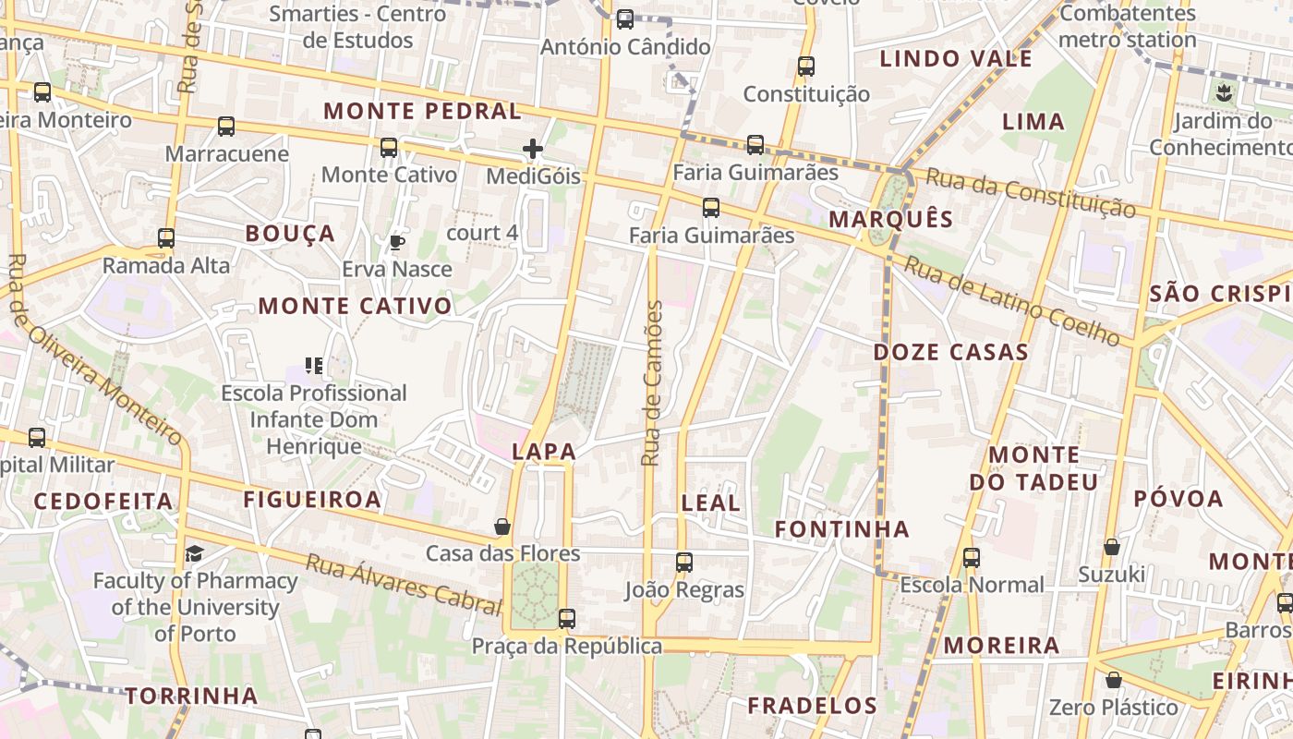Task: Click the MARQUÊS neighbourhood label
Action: tap(891, 219)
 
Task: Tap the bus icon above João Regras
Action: tap(684, 562)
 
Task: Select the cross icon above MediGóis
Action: tap(533, 148)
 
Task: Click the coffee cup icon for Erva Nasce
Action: tap(396, 242)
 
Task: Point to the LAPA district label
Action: tap(544, 452)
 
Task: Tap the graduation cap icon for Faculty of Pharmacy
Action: tap(194, 553)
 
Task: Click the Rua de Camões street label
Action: tap(652, 383)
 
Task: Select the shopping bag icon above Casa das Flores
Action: tap(502, 527)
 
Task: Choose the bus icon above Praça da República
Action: tap(567, 618)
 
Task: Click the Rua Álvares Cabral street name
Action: tap(403, 584)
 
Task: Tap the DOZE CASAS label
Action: tap(950, 352)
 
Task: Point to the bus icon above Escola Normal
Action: tap(971, 557)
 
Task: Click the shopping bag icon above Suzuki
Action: tap(1112, 547)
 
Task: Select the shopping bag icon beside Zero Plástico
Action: tap(1114, 681)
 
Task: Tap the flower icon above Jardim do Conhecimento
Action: tap(1224, 92)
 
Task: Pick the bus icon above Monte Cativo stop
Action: tap(389, 147)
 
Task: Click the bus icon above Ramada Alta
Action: tap(166, 237)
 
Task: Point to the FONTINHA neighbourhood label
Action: tap(842, 529)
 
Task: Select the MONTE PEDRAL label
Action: tap(422, 111)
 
